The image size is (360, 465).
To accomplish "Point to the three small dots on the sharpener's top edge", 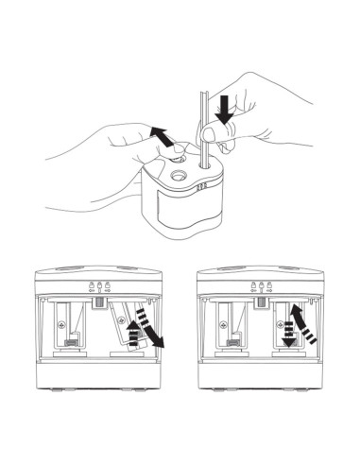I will [x=201, y=188].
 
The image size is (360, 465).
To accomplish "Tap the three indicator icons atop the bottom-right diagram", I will [x=259, y=286].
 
